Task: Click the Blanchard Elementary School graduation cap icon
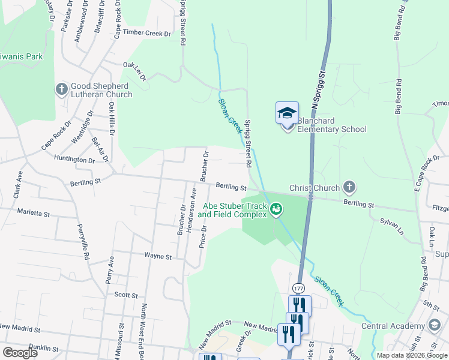pyautogui.click(x=287, y=113)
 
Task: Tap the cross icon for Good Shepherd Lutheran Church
pyautogui.click(x=61, y=90)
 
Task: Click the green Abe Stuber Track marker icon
pyautogui.click(x=276, y=209)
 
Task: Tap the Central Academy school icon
pyautogui.click(x=435, y=326)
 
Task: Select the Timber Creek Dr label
pyautogui.click(x=147, y=34)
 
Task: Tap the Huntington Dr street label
pyautogui.click(x=74, y=160)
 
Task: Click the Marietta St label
pyautogui.click(x=34, y=212)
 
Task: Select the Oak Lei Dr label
pyautogui.click(x=134, y=69)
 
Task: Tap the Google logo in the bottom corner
pyautogui.click(x=20, y=353)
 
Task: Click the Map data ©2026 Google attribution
pyautogui.click(x=411, y=355)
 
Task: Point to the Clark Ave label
pyautogui.click(x=19, y=185)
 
